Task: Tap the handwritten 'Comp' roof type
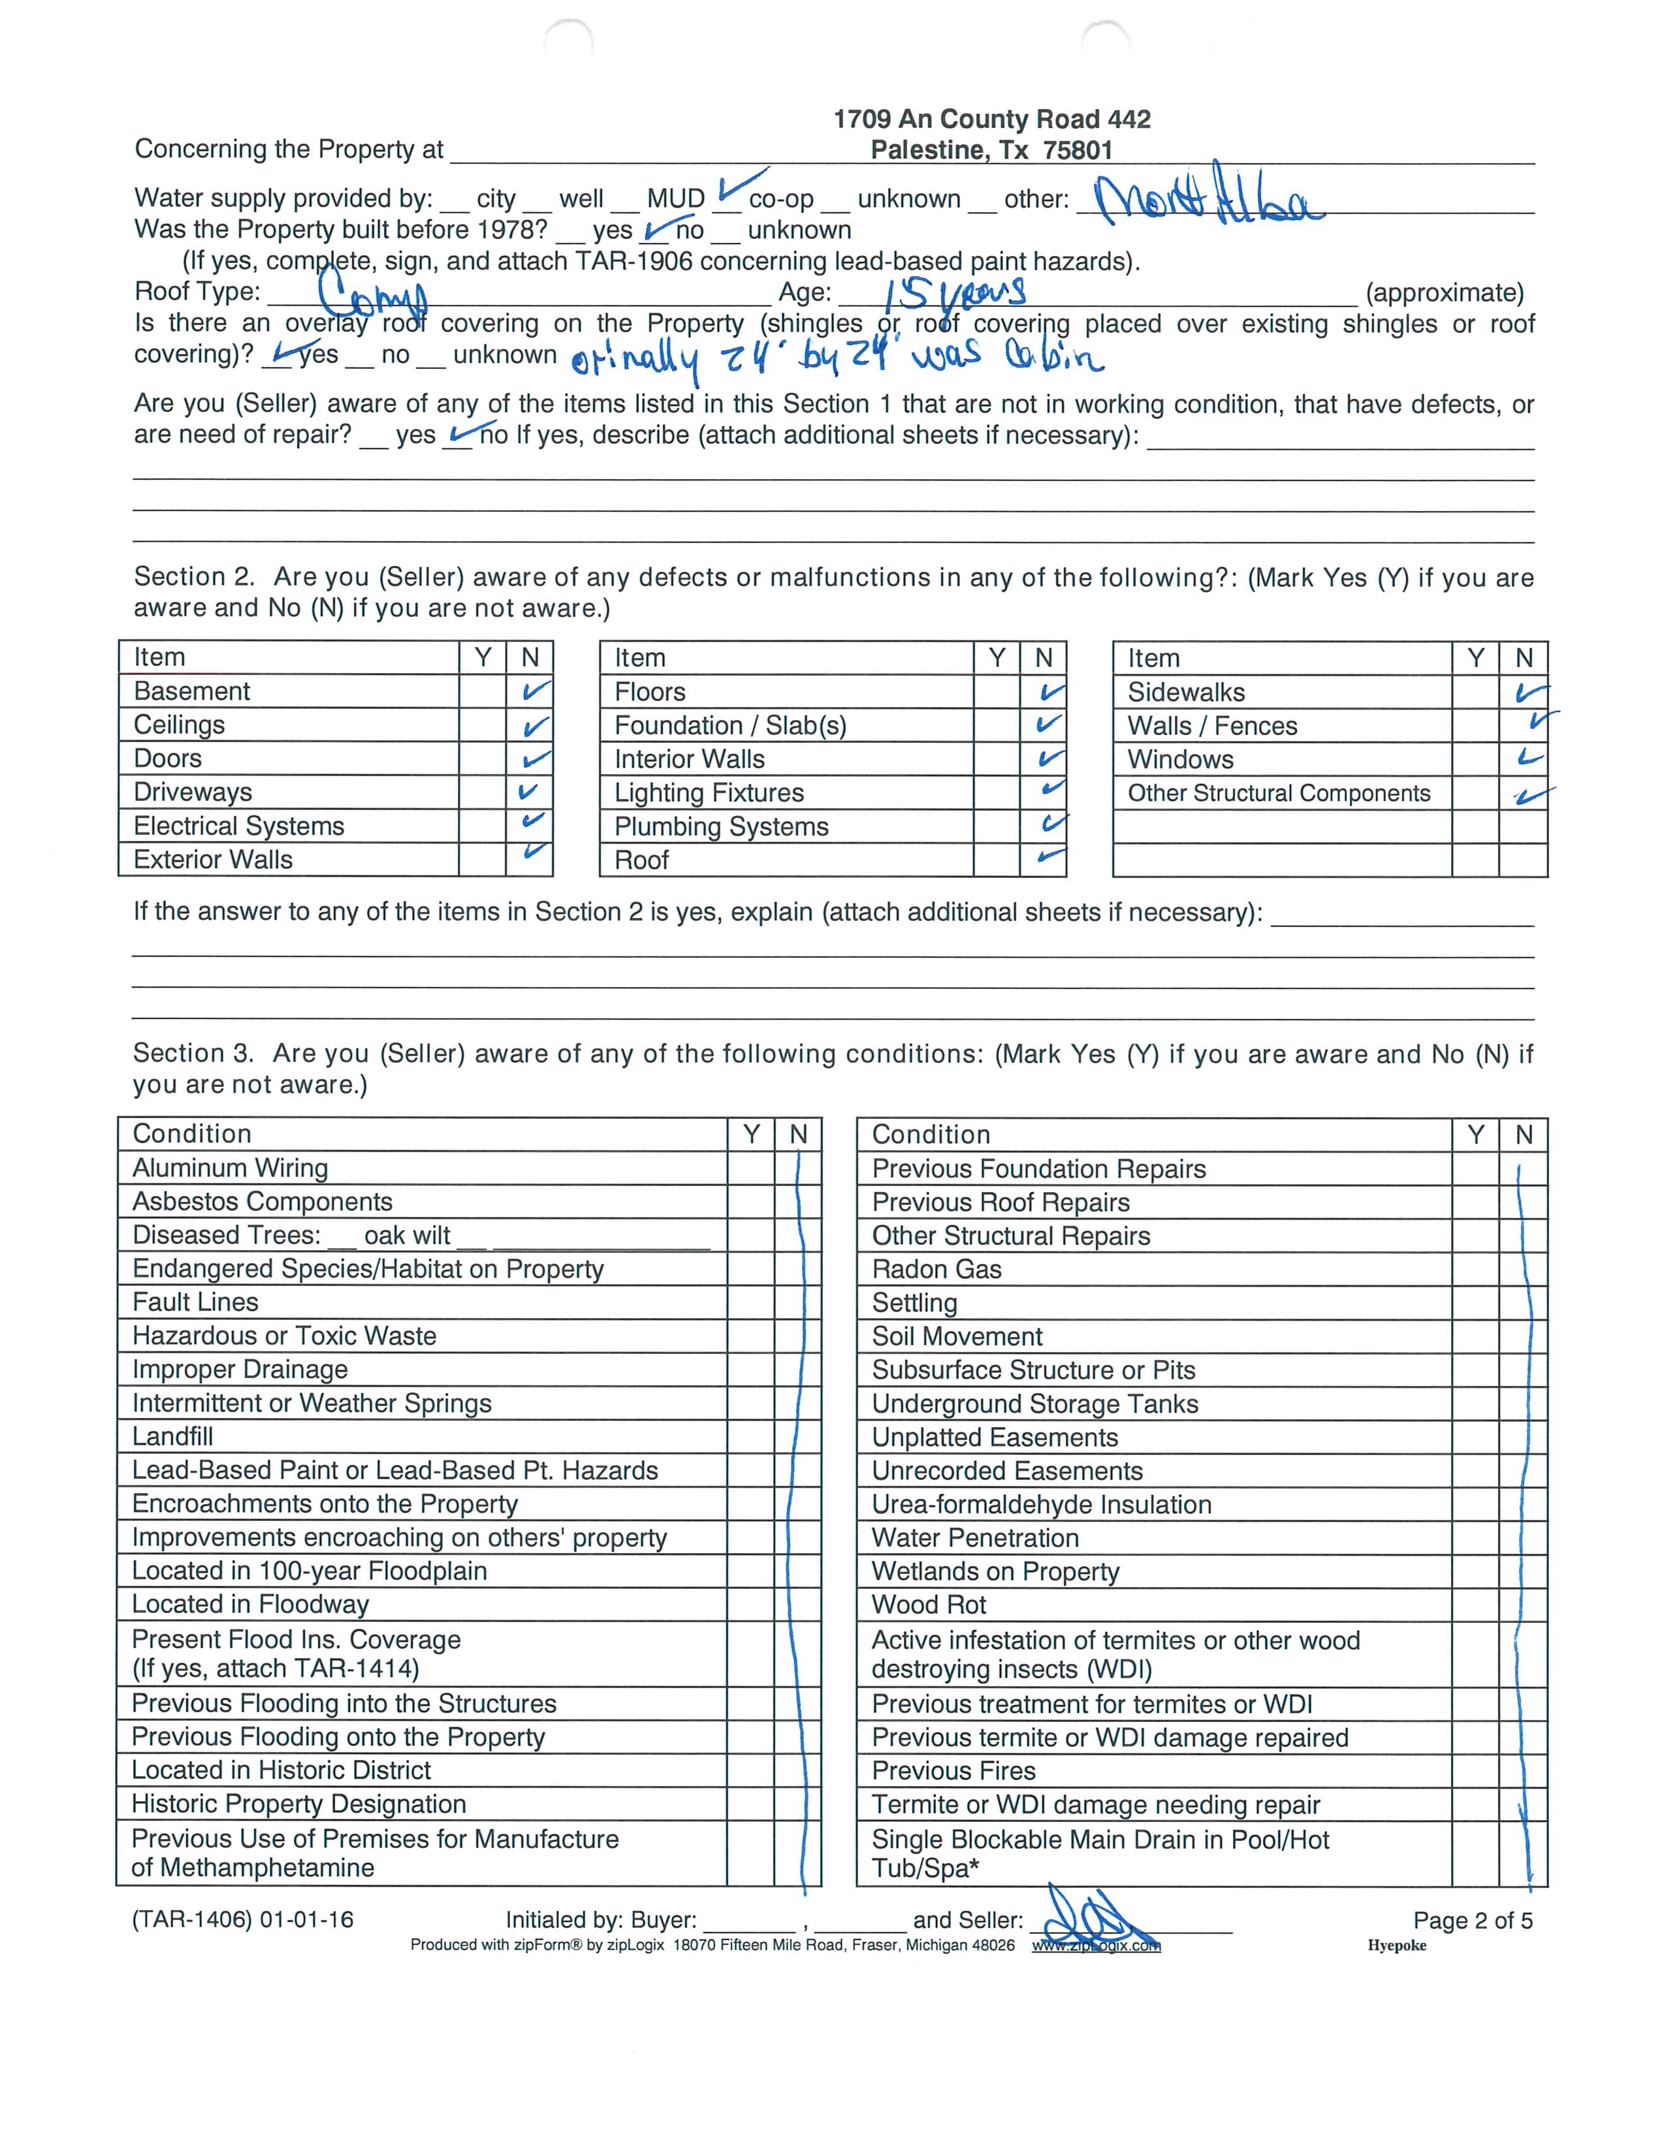click(372, 292)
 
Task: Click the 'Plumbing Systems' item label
click(721, 826)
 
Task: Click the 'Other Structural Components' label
click(1278, 793)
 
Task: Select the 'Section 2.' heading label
click(194, 576)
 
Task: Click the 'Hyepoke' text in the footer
click(1396, 1945)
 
